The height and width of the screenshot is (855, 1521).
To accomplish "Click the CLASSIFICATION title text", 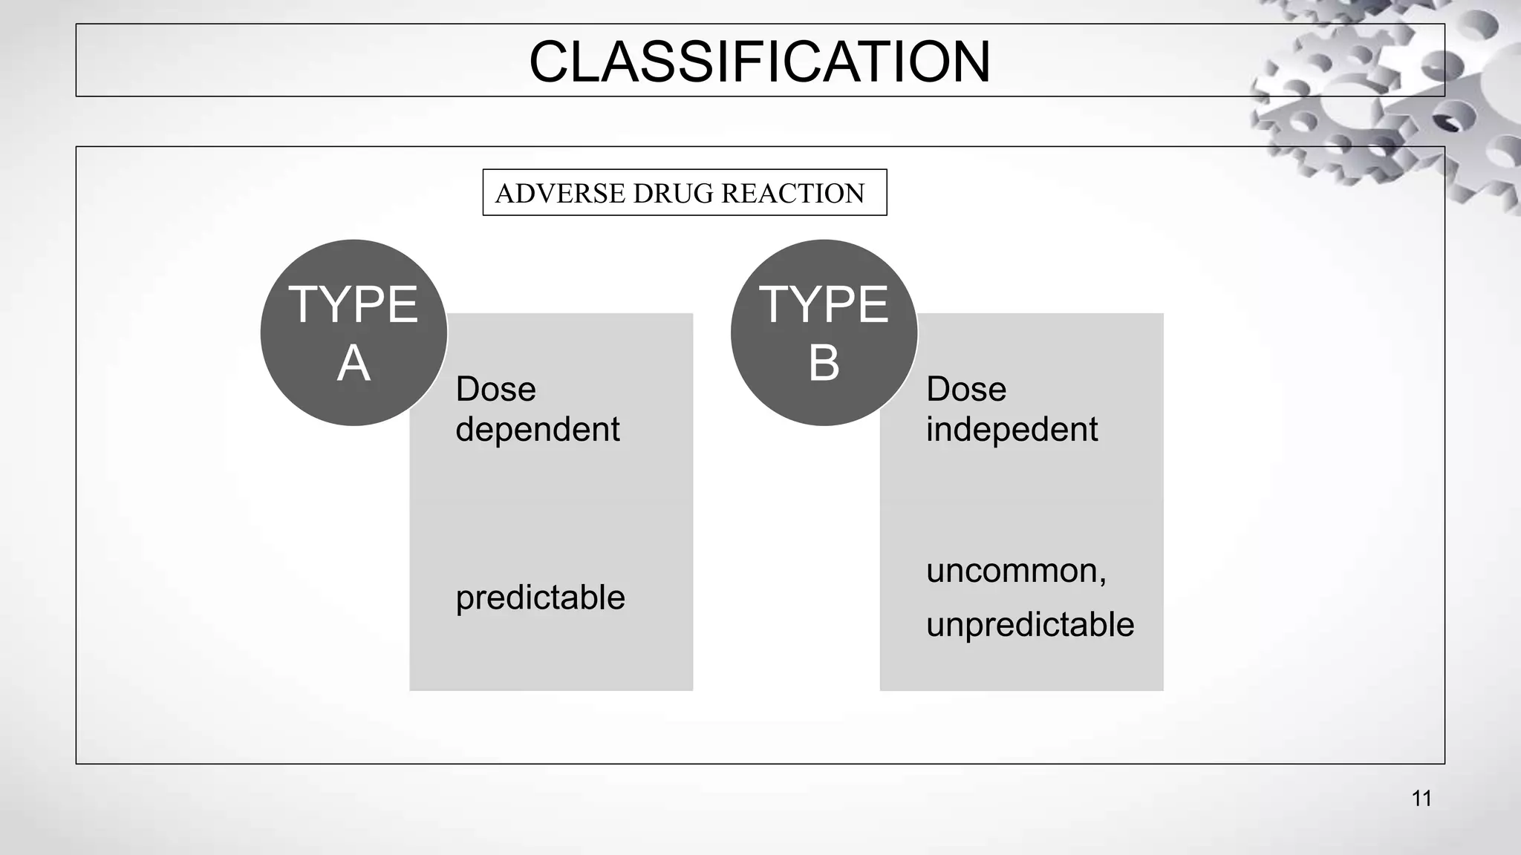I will click(x=759, y=62).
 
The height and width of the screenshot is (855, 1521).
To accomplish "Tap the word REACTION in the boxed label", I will click(x=792, y=194).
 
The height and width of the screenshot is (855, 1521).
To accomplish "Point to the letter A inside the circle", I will click(x=354, y=364).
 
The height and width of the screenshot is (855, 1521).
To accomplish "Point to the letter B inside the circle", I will click(x=824, y=364).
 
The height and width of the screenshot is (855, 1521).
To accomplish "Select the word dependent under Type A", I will click(x=537, y=430).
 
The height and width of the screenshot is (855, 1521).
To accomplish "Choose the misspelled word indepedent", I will click(x=1012, y=430).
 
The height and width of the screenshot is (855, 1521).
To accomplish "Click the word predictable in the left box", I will click(x=540, y=597).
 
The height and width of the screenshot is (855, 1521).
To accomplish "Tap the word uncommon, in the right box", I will click(x=1016, y=571).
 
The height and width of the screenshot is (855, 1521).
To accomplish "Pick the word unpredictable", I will click(x=1030, y=625).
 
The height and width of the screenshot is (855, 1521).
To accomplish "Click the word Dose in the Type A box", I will click(x=495, y=390).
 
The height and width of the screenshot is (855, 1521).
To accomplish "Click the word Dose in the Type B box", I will click(x=965, y=390).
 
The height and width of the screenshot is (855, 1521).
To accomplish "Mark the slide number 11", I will click(x=1421, y=799).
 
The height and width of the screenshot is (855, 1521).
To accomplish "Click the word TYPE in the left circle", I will click(x=354, y=305).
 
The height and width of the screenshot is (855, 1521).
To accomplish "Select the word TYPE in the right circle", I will click(x=824, y=305).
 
